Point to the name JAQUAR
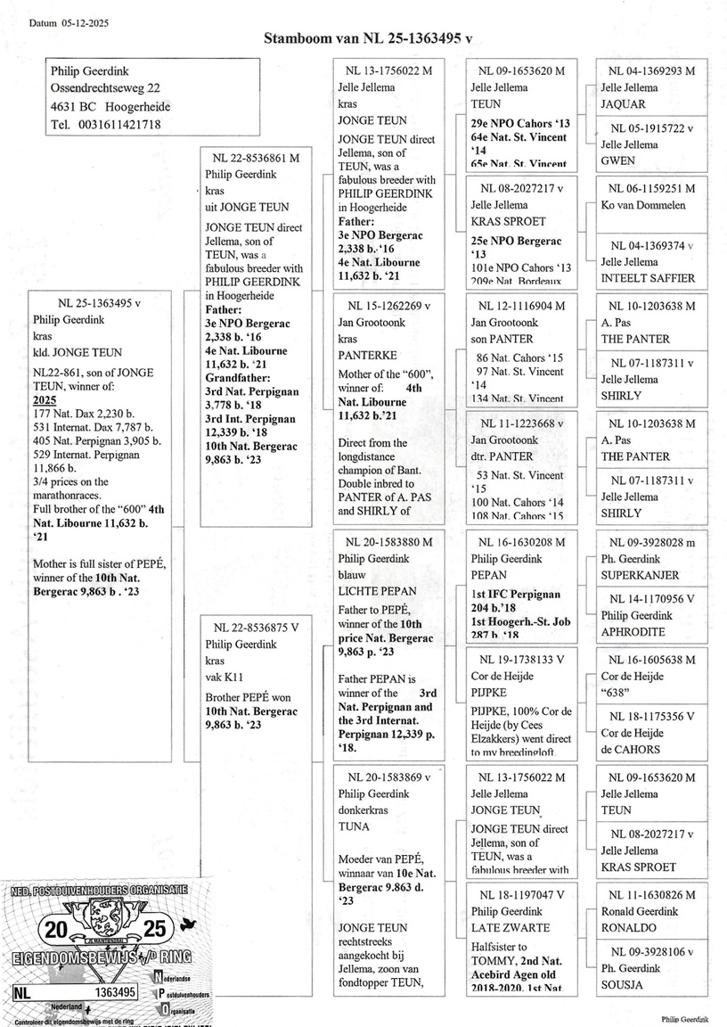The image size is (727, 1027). click(x=624, y=104)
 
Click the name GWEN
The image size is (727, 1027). click(x=617, y=161)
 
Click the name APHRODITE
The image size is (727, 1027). click(x=633, y=631)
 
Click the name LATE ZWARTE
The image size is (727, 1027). click(x=511, y=927)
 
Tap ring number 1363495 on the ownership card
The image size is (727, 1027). click(x=114, y=991)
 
